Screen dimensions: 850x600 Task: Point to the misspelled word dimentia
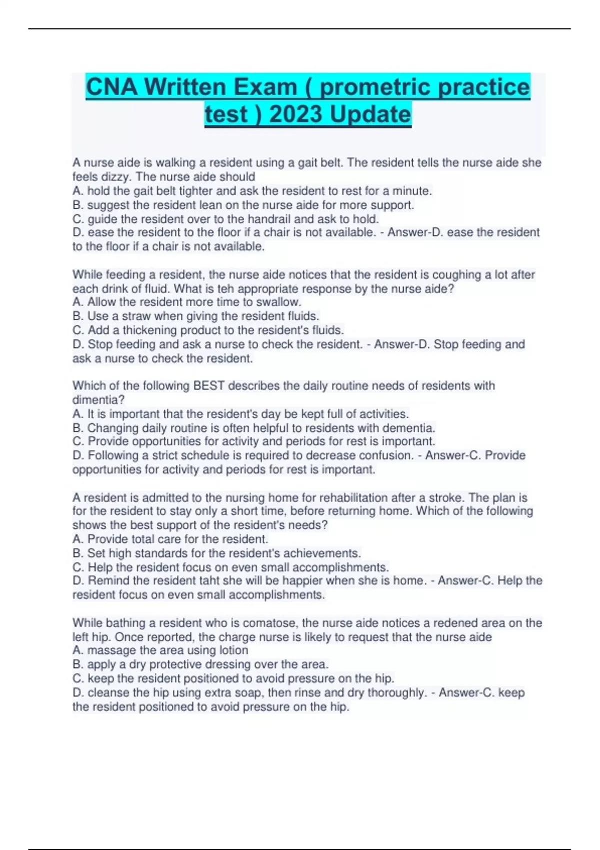(98, 400)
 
